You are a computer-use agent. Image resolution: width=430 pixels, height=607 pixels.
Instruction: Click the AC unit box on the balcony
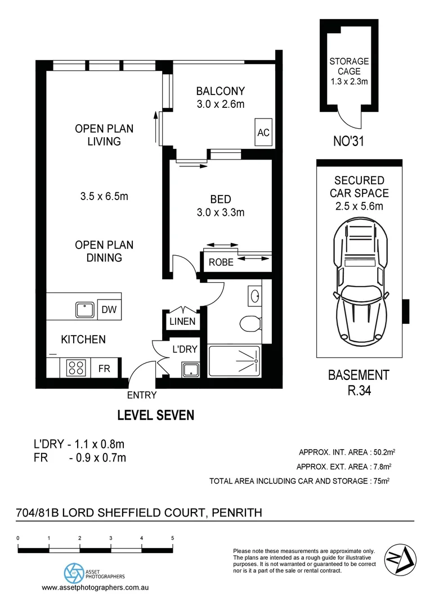(263, 133)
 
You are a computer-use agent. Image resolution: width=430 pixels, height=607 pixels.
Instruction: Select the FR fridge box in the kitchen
(105, 369)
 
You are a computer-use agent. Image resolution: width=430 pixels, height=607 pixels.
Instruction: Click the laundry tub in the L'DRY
(190, 370)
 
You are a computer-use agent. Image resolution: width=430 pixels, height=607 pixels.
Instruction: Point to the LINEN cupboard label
(182, 321)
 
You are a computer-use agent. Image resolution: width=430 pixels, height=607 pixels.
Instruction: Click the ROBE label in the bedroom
(221, 262)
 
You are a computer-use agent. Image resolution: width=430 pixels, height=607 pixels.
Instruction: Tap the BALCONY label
(220, 91)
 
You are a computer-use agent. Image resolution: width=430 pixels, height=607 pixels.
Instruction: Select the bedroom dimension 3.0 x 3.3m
(220, 212)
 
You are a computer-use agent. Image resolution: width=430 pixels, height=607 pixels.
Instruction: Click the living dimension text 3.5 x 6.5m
(104, 196)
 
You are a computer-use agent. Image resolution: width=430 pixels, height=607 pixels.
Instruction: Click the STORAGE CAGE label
(349, 66)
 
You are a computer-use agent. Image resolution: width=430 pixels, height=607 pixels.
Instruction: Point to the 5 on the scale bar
(172, 538)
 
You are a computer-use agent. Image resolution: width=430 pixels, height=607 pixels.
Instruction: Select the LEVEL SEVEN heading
(155, 415)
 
